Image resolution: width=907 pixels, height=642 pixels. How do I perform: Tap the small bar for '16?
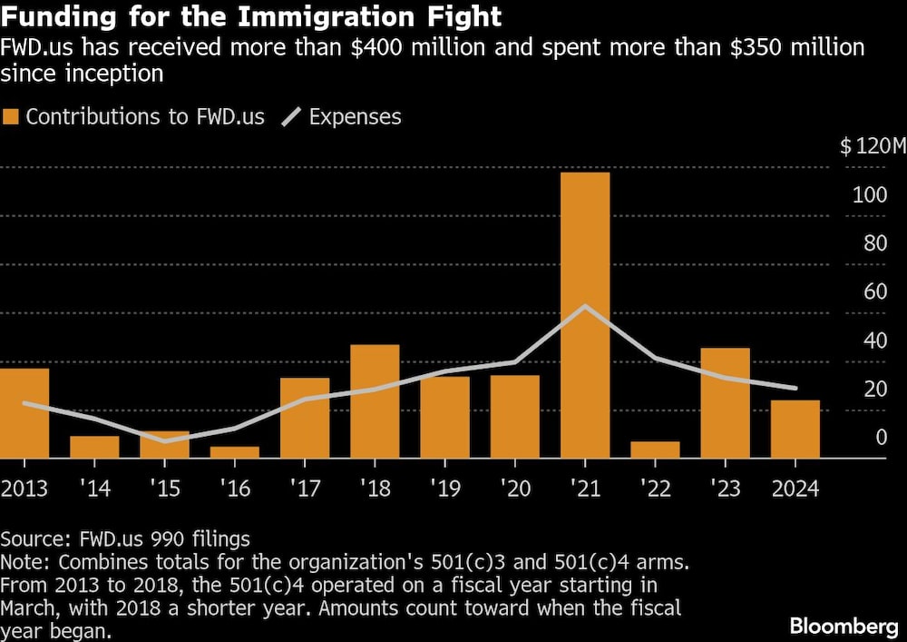click(x=235, y=452)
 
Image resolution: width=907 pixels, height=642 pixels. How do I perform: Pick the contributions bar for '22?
click(x=656, y=449)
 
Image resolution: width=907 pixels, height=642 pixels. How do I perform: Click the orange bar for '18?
click(x=375, y=401)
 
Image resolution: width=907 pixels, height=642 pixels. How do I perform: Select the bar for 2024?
click(x=795, y=429)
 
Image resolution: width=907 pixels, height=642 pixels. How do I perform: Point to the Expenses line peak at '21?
click(x=586, y=305)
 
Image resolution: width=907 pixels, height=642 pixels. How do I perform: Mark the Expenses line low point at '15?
click(x=165, y=441)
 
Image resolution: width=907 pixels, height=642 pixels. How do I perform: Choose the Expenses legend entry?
click(x=344, y=116)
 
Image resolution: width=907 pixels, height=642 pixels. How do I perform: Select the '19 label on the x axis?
click(x=444, y=489)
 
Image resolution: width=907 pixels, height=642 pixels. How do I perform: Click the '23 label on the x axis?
click(x=726, y=489)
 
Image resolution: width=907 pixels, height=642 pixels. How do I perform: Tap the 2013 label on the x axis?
click(x=25, y=489)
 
